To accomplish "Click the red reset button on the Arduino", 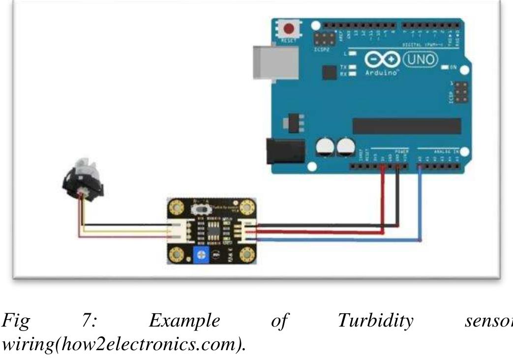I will pyautogui.click(x=290, y=29).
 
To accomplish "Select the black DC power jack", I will pyautogui.click(x=280, y=150).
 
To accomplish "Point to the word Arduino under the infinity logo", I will pyautogui.click(x=381, y=72).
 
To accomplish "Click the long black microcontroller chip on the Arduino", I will pyautogui.click(x=407, y=126).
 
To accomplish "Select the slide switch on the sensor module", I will pyautogui.click(x=202, y=209).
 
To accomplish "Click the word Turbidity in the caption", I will pyautogui.click(x=375, y=321).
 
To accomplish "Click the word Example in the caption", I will pyautogui.click(x=184, y=321).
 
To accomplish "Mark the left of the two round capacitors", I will pyautogui.click(x=325, y=146).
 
